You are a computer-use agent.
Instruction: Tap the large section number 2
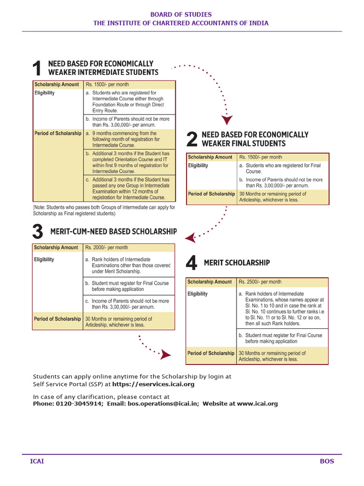click(x=191, y=140)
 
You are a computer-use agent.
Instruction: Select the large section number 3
click(x=38, y=232)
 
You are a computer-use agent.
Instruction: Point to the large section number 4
click(x=191, y=263)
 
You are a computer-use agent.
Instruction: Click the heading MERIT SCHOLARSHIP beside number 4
click(x=237, y=263)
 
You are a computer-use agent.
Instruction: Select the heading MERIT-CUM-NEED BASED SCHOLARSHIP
click(x=113, y=232)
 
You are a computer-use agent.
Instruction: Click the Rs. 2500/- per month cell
click(x=260, y=282)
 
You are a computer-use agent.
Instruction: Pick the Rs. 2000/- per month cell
click(x=106, y=248)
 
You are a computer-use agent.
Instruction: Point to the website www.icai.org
click(x=257, y=404)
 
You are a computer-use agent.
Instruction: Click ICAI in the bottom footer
click(x=37, y=461)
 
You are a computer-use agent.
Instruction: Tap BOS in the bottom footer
click(x=327, y=461)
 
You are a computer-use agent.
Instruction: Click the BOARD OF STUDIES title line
click(x=181, y=15)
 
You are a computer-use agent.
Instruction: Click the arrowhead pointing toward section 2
click(x=227, y=120)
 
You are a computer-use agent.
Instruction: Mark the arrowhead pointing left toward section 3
click(x=190, y=237)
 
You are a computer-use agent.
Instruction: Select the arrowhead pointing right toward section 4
click(x=165, y=354)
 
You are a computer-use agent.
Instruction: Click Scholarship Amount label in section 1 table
click(x=56, y=84)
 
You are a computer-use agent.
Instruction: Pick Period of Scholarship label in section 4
click(x=211, y=353)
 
